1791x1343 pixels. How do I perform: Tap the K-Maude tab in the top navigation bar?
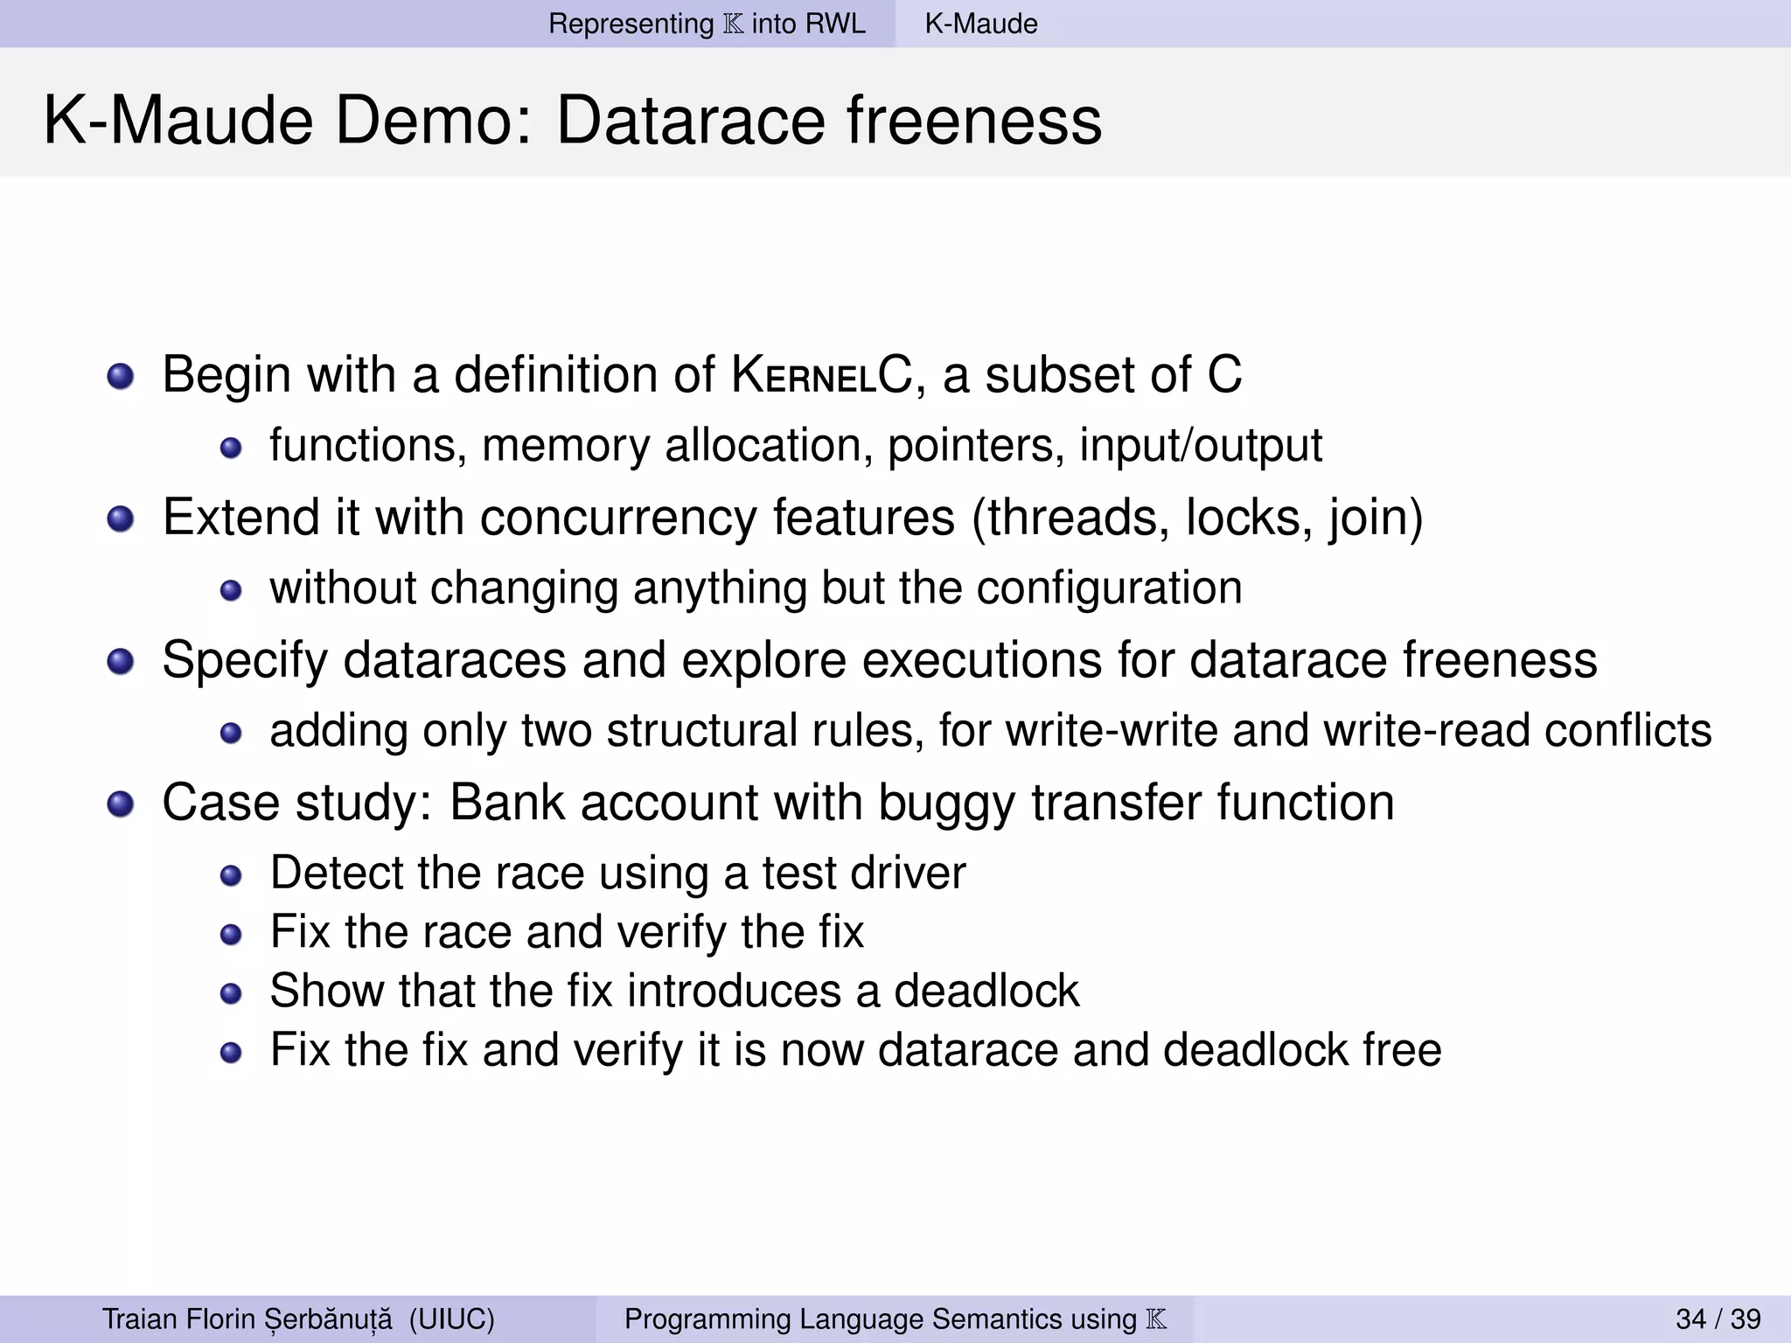(x=981, y=24)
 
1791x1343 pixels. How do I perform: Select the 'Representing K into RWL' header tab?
(x=707, y=24)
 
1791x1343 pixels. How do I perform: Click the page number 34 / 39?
(x=1718, y=1319)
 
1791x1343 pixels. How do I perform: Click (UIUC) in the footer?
(x=451, y=1319)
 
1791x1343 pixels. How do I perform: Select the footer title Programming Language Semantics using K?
(x=895, y=1319)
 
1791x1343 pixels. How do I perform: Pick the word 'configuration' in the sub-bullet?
(x=1108, y=588)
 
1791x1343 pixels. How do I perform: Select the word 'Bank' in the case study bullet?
(x=506, y=802)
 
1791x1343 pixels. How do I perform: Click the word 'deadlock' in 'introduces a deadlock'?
(x=986, y=991)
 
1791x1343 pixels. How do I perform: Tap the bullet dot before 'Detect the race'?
(x=231, y=875)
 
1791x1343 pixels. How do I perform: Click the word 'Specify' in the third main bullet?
(x=245, y=660)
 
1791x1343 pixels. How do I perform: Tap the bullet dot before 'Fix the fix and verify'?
(x=231, y=1052)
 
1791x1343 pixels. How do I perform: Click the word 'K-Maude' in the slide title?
(x=178, y=121)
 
